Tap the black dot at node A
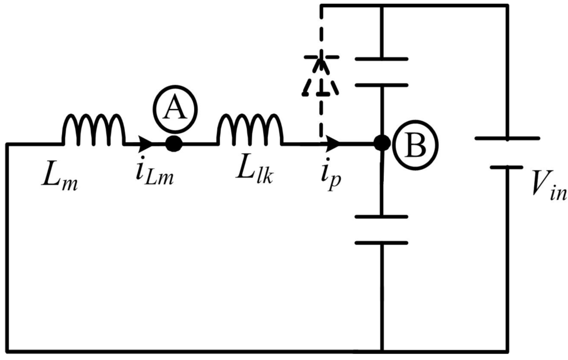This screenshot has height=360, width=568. [x=174, y=144]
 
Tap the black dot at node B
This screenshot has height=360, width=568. [x=382, y=143]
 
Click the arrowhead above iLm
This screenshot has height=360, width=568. [x=146, y=144]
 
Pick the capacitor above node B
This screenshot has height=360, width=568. [x=382, y=72]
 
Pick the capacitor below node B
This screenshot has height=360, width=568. [x=382, y=230]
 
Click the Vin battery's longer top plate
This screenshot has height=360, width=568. [x=506, y=138]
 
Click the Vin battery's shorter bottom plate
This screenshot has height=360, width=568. [x=506, y=166]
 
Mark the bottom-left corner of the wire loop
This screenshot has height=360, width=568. [x=7, y=351]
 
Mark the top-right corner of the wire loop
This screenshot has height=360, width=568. [x=506, y=6]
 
